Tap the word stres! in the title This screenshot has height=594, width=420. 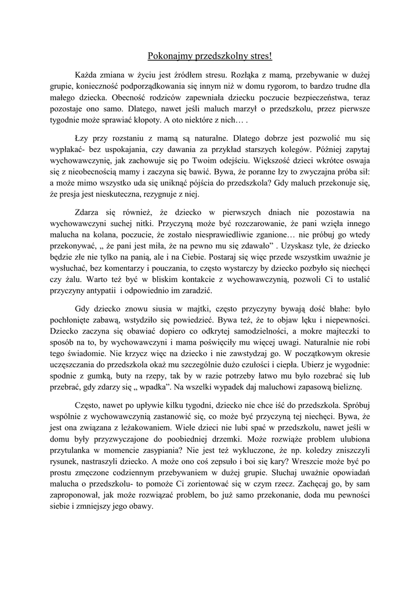pos(259,56)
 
